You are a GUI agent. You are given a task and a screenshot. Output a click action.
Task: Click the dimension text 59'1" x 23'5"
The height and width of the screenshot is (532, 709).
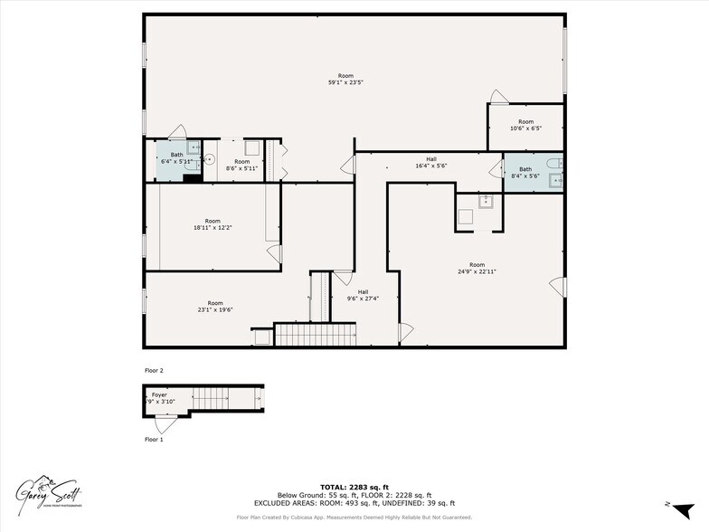coord(345,82)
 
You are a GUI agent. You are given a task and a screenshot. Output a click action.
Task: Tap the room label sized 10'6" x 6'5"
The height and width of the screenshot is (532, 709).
coord(525,128)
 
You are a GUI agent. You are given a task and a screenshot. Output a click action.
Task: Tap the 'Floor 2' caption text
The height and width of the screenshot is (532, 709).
coord(155,371)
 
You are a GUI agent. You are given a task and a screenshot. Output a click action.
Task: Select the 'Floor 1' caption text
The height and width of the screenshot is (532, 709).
coord(155,440)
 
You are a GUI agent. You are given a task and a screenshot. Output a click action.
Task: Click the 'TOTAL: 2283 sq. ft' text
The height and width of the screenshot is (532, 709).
coord(354,487)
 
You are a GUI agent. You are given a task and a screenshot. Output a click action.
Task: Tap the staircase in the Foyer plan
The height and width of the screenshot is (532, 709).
coord(222,398)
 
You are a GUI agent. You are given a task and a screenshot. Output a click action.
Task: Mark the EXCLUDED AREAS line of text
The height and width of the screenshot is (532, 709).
coord(354,503)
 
